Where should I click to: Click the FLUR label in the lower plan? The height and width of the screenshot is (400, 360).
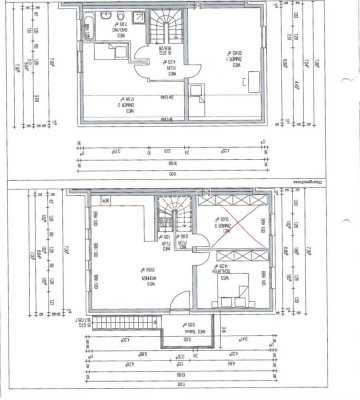162,241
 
